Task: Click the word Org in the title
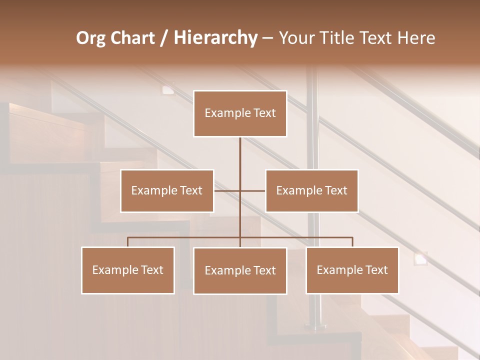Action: coord(92,38)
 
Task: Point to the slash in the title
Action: coord(163,38)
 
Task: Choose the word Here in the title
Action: coord(416,38)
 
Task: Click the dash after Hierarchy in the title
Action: coord(267,38)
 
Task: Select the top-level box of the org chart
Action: coord(240,113)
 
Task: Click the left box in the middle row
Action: coord(167,190)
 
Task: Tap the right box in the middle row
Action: coord(311,190)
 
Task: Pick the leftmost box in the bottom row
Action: coord(128,270)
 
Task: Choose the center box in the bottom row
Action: coord(240,270)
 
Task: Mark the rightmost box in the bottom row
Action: coord(352,270)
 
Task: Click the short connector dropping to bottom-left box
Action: coord(128,242)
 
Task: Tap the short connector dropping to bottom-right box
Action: coord(352,242)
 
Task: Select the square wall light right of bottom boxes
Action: coord(420,258)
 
